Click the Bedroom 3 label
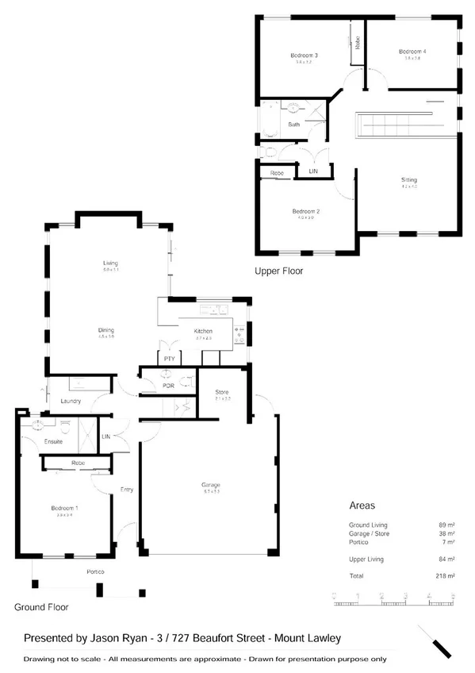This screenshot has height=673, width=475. click(304, 56)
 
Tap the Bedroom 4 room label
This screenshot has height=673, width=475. click(412, 52)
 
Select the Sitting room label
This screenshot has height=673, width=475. click(408, 180)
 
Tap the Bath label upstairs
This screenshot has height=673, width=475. click(293, 125)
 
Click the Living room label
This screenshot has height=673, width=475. click(110, 263)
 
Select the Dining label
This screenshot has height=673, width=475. click(106, 330)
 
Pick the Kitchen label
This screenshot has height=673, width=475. click(204, 331)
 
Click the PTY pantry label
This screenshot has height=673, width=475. click(169, 358)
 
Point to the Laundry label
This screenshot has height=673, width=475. click(71, 401)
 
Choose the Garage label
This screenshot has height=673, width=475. click(210, 485)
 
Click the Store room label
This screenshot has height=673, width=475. click(223, 392)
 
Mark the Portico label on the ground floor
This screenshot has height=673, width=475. click(96, 572)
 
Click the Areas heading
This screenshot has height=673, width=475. click(362, 505)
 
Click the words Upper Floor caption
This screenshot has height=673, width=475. click(278, 271)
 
